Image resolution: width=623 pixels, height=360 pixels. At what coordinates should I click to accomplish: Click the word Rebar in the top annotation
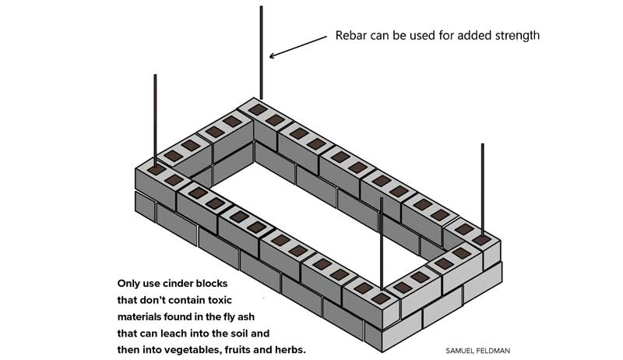pyautogui.click(x=352, y=36)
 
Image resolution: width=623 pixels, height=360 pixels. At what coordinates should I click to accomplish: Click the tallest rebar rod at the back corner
pyautogui.click(x=262, y=55)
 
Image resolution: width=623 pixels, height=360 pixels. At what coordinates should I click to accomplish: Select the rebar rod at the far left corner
pyautogui.click(x=156, y=117)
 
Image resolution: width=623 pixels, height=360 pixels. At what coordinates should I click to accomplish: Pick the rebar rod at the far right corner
pyautogui.click(x=483, y=187)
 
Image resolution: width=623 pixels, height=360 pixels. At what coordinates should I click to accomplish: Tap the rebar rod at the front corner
pyautogui.click(x=381, y=242)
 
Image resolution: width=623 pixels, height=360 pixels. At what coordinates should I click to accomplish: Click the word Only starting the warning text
pyautogui.click(x=129, y=284)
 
